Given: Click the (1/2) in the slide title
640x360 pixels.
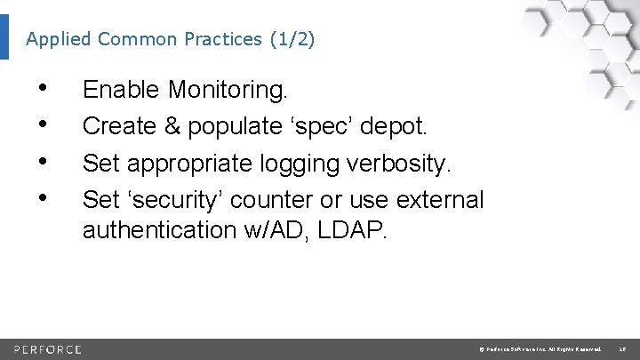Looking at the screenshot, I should tap(291, 40).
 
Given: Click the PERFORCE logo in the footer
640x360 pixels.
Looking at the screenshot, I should tap(49, 348).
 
